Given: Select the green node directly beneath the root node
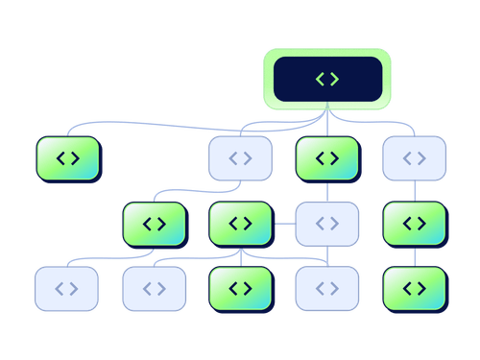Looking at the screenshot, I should tap(327, 158).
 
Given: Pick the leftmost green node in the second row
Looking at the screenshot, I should tap(67, 158).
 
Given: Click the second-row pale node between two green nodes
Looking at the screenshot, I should tap(240, 158).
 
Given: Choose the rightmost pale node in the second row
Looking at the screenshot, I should tap(414, 158).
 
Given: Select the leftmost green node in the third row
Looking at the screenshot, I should tap(154, 224).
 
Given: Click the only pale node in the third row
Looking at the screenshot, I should tap(327, 224).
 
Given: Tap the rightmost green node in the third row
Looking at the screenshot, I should tap(414, 224).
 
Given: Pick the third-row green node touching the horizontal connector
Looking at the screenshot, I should tap(240, 224).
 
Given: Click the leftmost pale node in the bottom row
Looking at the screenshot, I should tap(66, 288).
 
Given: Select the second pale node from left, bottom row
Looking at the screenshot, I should tap(154, 288).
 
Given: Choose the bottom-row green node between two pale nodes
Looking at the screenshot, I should tap(240, 288).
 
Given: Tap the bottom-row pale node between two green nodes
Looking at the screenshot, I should tap(327, 288).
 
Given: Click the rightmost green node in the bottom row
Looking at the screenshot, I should tap(414, 288).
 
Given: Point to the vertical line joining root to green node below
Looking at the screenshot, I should tap(327, 122).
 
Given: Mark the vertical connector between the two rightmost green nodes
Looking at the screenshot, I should tap(414, 255).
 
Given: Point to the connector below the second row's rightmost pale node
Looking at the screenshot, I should tap(414, 191).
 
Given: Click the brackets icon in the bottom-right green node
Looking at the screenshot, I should tap(414, 288).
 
